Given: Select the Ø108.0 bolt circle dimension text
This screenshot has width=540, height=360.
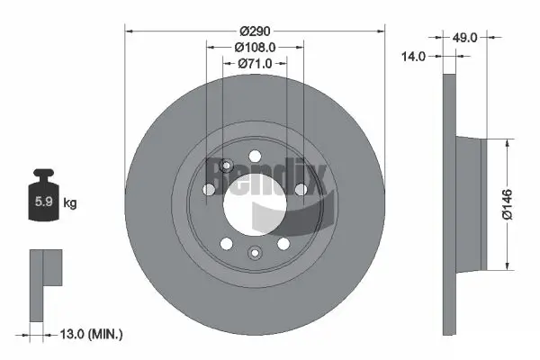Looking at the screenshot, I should (255, 47).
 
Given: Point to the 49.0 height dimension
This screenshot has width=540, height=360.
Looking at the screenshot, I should (464, 39).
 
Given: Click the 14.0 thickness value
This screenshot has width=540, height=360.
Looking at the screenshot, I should (414, 56).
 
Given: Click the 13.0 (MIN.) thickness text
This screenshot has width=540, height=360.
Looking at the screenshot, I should (89, 334).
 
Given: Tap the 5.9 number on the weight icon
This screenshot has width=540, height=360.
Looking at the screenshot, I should (43, 202).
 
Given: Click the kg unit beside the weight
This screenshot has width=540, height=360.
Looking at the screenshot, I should (69, 203).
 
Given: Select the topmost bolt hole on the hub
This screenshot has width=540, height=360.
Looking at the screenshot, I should (255, 154).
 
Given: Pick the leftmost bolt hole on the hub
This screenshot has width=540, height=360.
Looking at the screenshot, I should (210, 189).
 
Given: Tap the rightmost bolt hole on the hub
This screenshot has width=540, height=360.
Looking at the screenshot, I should (301, 188).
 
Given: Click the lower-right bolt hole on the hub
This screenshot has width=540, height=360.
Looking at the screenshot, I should (283, 243).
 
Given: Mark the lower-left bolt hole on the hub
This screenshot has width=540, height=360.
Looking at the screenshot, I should (227, 243).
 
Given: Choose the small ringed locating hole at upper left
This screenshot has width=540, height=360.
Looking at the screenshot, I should (227, 165).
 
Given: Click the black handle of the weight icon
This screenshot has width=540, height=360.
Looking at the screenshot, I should (42, 175).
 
